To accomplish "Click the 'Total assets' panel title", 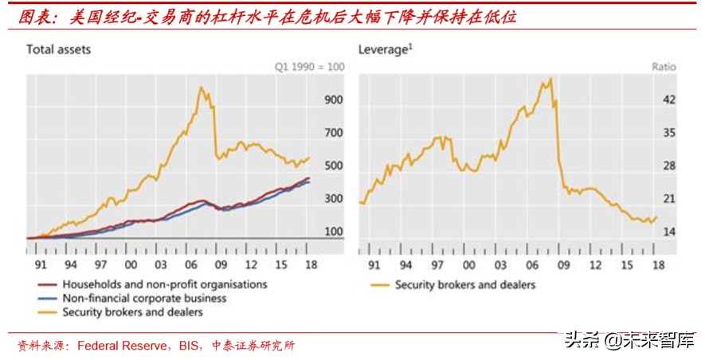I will pyautogui.click(x=58, y=49).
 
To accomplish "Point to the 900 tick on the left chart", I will pyautogui.click(x=332, y=100).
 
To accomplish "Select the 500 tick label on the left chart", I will pyautogui.click(x=332, y=166).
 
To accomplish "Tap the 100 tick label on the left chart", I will pyautogui.click(x=332, y=232).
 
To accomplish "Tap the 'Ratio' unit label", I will pyautogui.click(x=664, y=67).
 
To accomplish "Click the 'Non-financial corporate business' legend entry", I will pyautogui.click(x=144, y=299).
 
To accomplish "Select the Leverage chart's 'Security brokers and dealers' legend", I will pyautogui.click(x=465, y=284).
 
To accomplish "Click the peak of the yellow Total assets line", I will pyautogui.click(x=201, y=88).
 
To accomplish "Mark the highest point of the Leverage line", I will pyautogui.click(x=550, y=79).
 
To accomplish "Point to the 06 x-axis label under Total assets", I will pyautogui.click(x=191, y=264).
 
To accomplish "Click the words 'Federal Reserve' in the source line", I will pyautogui.click(x=114, y=346).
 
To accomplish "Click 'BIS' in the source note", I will pyautogui.click(x=183, y=346).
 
